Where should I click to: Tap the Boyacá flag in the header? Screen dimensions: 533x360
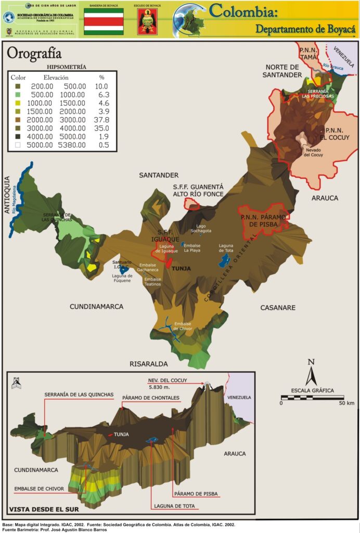point(104,21)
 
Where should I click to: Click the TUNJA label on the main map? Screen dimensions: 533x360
point(182,269)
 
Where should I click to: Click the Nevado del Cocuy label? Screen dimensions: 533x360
point(314,153)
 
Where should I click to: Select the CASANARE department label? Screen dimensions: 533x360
point(278,308)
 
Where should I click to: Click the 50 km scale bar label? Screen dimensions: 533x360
point(346,403)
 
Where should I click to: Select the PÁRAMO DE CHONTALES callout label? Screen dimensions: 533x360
point(151,398)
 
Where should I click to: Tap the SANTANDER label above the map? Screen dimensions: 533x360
point(159,175)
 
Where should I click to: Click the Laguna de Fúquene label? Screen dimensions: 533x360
point(122,278)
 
